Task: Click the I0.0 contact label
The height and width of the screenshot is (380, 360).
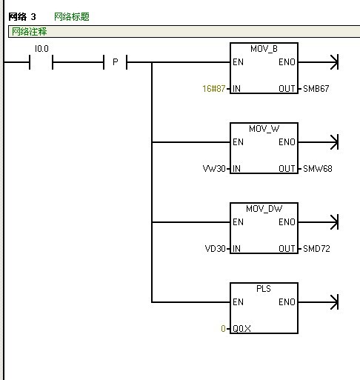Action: (41, 49)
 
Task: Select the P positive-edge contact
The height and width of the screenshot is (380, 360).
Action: (115, 62)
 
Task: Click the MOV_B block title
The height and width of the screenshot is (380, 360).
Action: (264, 49)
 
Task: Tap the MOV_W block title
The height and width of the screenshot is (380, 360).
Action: (264, 129)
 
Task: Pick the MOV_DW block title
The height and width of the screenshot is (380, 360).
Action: (264, 209)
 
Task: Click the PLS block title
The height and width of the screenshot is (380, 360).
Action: (264, 289)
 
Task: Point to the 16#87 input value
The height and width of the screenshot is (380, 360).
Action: (214, 88)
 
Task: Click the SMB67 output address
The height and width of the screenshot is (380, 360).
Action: (316, 89)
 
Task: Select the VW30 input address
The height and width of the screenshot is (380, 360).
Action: (214, 169)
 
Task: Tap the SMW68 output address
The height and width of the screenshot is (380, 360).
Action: (318, 169)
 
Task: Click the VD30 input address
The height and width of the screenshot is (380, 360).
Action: (216, 249)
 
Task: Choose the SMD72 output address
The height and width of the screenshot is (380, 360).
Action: (316, 249)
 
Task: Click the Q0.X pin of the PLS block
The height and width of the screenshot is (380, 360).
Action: (241, 329)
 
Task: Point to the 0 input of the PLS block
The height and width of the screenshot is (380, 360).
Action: (223, 329)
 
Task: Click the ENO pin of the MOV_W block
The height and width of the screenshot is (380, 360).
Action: (287, 142)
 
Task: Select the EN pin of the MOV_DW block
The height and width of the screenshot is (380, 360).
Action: (238, 222)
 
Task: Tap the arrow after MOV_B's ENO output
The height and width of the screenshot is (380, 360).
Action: (319, 62)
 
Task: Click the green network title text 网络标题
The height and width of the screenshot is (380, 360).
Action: (72, 17)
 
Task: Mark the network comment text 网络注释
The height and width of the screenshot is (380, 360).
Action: (30, 32)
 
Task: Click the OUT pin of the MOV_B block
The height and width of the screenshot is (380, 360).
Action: (287, 89)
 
